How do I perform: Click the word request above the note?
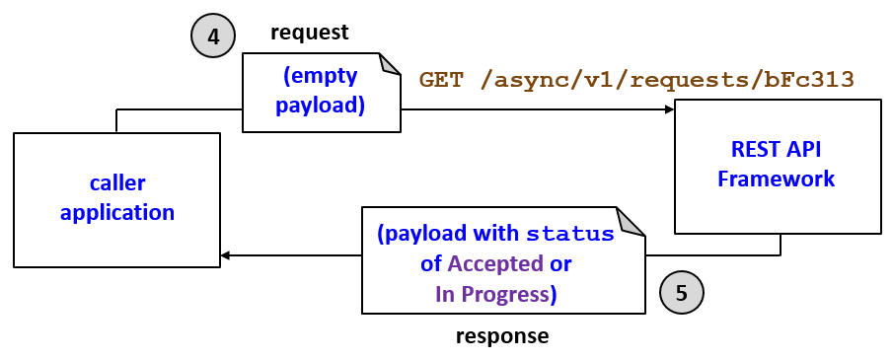coord(310,33)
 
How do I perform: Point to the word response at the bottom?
coord(501,336)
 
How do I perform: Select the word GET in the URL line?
coord(441,80)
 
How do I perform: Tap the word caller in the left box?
coord(116,183)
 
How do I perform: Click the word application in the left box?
coord(116,211)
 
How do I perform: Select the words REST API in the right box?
coord(776,151)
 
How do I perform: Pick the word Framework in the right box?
coord(776,179)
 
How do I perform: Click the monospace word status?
coord(569,236)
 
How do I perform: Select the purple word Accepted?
coord(495,264)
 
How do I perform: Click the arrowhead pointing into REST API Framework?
coord(668,110)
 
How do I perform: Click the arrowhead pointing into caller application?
coord(226,255)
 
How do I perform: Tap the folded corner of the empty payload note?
coord(390,64)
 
